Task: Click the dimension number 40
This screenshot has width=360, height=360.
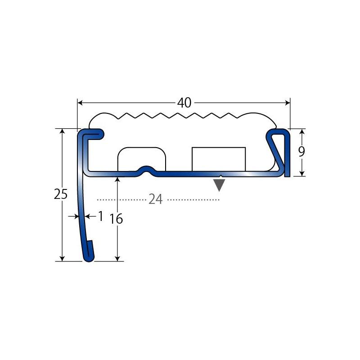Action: tap(184, 103)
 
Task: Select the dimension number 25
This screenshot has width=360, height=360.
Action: tap(61, 194)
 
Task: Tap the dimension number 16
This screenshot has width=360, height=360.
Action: tap(116, 219)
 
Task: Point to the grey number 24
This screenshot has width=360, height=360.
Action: tap(156, 199)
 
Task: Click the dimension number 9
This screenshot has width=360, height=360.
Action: tap(301, 152)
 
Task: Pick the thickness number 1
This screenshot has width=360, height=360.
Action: tap(100, 216)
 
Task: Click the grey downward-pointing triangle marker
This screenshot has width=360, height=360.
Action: tap(219, 185)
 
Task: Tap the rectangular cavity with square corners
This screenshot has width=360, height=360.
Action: tap(219, 159)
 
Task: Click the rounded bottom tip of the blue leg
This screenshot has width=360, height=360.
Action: tap(89, 259)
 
